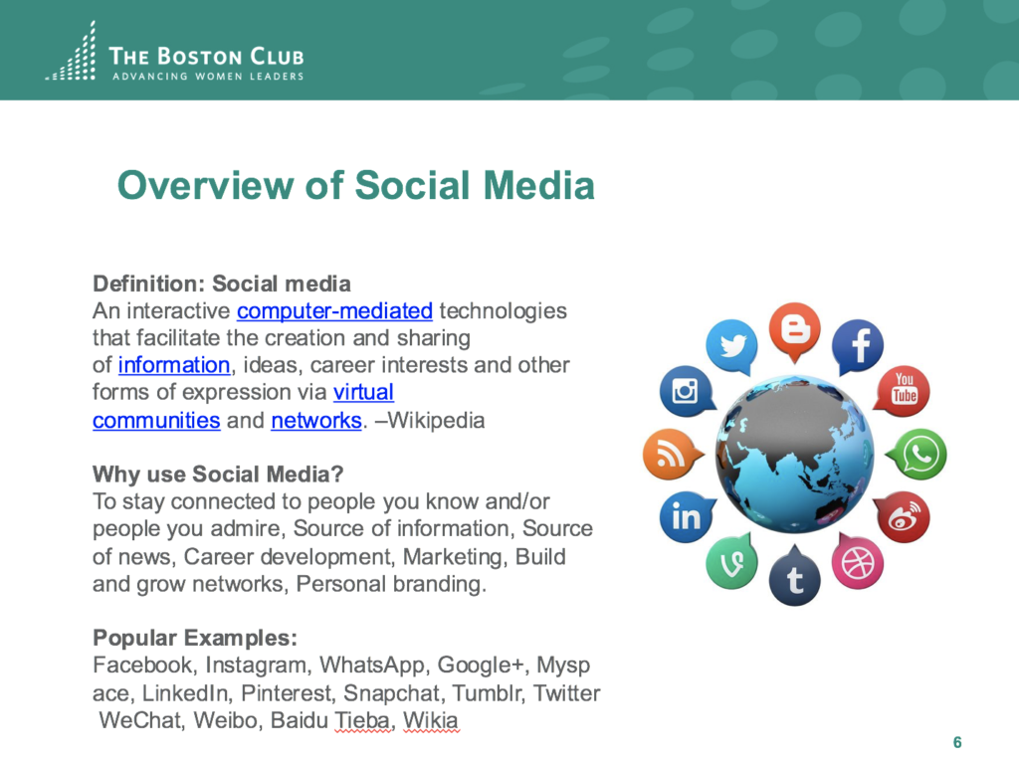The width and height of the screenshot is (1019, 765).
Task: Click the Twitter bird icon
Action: (x=731, y=346)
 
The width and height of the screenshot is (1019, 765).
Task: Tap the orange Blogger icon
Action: (x=794, y=330)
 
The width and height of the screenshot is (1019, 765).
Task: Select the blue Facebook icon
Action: (x=858, y=346)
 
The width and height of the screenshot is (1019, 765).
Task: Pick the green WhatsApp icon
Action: (x=919, y=454)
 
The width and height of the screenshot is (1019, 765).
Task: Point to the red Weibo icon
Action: (x=904, y=517)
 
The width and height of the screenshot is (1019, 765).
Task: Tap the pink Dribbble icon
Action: (x=858, y=562)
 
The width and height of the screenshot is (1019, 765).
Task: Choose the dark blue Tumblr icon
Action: (x=794, y=578)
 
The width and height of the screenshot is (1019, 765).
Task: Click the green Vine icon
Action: (x=731, y=562)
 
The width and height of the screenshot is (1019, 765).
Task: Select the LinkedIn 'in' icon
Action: (x=687, y=517)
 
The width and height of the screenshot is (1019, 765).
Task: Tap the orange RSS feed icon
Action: (x=670, y=454)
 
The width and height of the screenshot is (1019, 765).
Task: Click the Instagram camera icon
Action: (x=687, y=391)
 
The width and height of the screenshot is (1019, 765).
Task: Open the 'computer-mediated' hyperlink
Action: (x=334, y=311)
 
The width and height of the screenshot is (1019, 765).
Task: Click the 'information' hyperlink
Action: (x=174, y=365)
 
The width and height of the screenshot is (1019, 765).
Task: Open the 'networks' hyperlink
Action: (x=316, y=421)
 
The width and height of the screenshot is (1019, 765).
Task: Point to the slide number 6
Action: (x=957, y=742)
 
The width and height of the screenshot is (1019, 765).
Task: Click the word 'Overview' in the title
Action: (x=205, y=186)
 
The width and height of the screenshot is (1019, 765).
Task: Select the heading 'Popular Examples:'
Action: (x=195, y=638)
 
